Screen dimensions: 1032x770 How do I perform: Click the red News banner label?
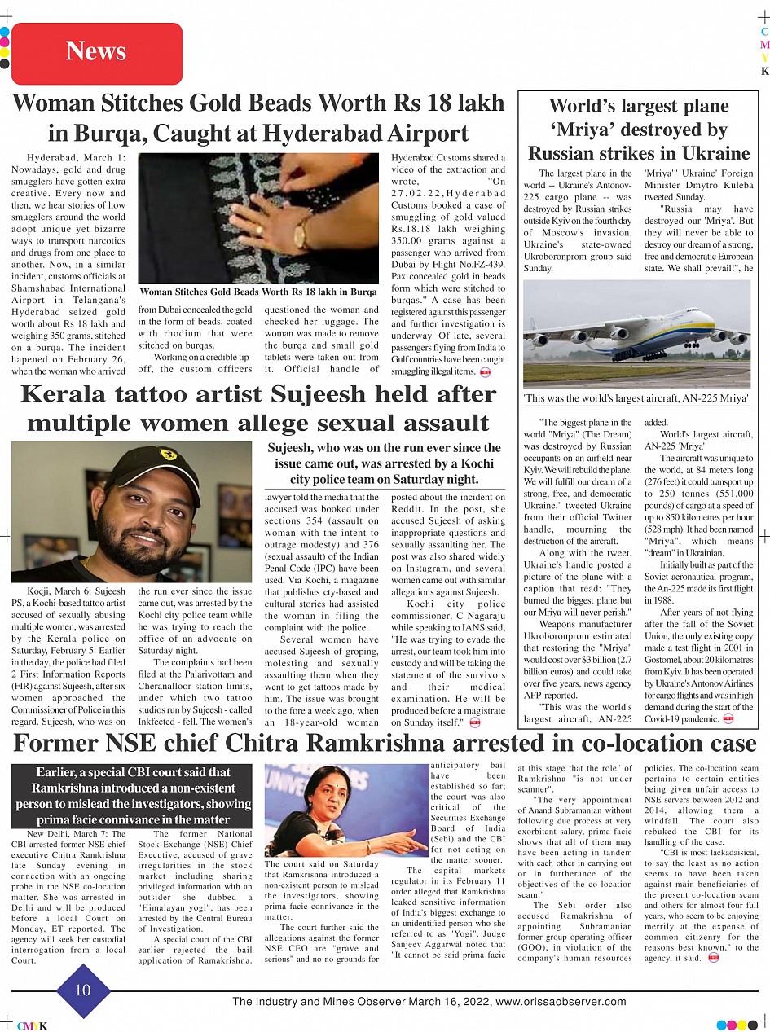coord(96,52)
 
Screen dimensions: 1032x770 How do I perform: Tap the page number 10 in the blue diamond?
coord(83,990)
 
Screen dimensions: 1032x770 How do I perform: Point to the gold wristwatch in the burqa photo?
coord(301,234)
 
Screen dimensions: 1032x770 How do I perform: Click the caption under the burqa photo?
coord(257,292)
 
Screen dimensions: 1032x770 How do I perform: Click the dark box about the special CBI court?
coord(132,796)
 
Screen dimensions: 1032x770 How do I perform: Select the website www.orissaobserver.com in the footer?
coord(561,1002)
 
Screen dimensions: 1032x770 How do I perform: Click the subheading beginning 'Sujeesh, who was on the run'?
coord(384,463)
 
